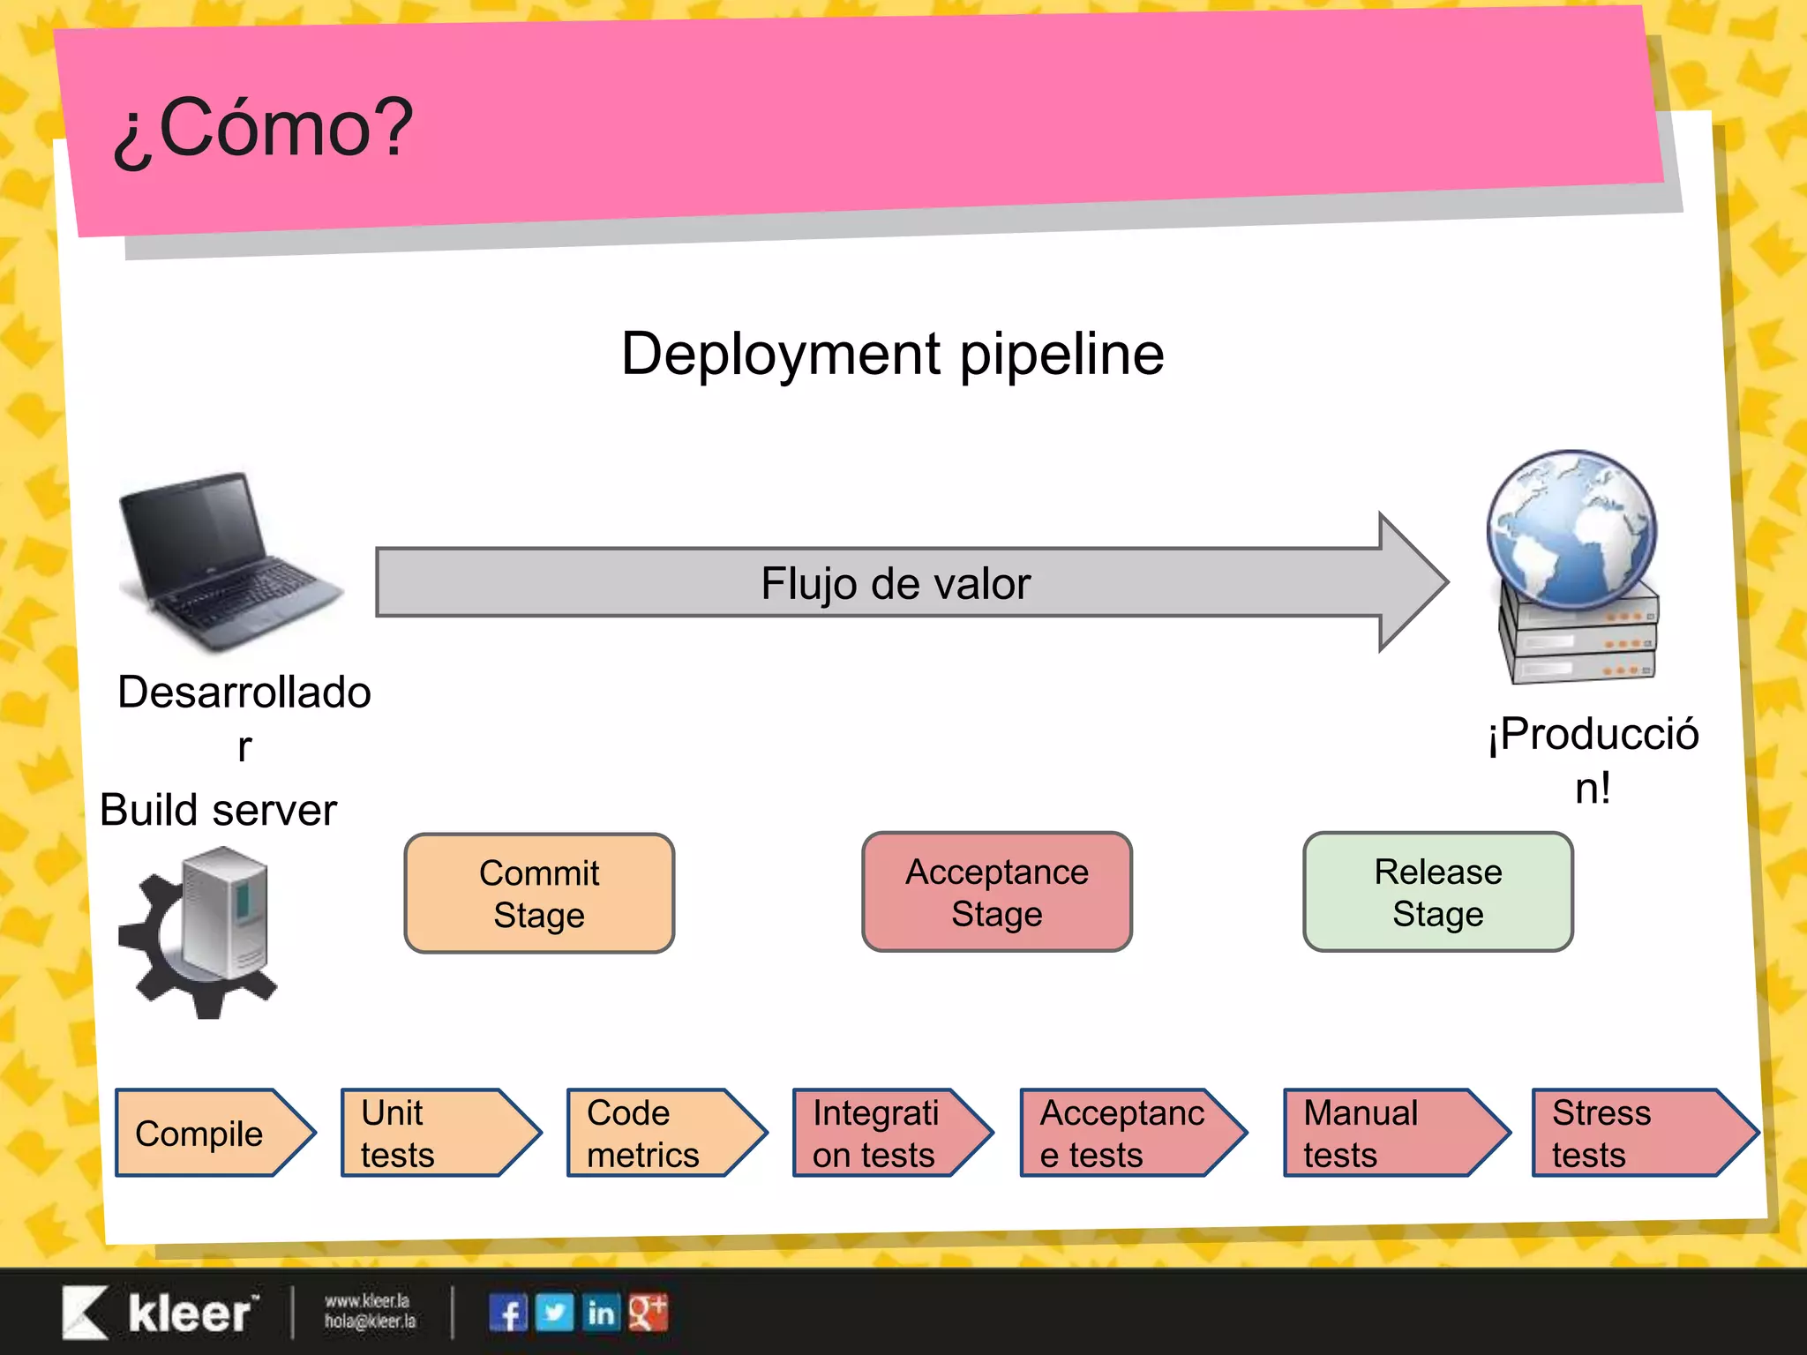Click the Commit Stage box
point(539,893)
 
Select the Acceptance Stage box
point(996,892)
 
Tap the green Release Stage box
point(1437,892)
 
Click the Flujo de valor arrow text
point(895,583)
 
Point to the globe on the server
point(1571,529)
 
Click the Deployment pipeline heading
point(892,354)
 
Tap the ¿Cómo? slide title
point(263,129)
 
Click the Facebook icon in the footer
point(508,1313)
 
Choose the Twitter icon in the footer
point(554,1313)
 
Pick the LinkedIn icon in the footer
point(601,1313)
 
